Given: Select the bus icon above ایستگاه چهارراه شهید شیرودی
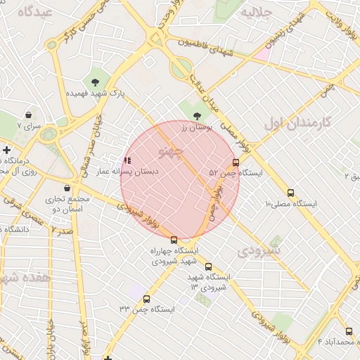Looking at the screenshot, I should click(174, 240).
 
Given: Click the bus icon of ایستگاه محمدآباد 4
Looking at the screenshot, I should click(349, 331).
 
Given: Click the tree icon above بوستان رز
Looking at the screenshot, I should click(195, 116).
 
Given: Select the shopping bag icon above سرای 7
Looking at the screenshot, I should click(27, 115).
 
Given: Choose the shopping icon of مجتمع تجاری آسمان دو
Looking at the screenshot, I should click(67, 188).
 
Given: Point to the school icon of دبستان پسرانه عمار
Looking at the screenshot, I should click(127, 161).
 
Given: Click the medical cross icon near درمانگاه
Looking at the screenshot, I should click(6, 150).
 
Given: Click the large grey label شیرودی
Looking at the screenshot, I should click(259, 250).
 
